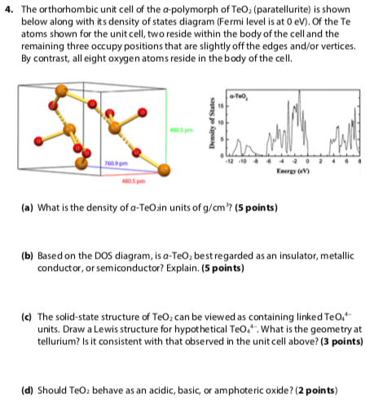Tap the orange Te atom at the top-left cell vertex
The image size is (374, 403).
tap(55, 104)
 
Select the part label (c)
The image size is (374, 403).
tap(22, 314)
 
